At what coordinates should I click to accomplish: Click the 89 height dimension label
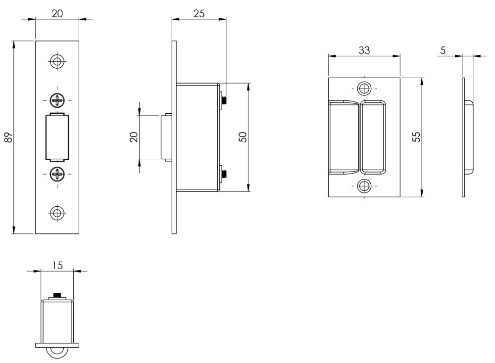(x=9, y=137)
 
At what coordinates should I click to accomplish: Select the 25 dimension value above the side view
(x=199, y=13)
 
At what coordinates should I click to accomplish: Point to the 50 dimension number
(x=243, y=137)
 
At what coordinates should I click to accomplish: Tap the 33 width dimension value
(x=364, y=50)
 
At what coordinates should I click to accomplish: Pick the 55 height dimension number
(x=417, y=137)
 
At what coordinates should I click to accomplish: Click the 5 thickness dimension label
(x=443, y=50)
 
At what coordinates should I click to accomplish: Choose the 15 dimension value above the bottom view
(x=57, y=266)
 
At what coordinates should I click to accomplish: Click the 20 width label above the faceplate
(x=57, y=13)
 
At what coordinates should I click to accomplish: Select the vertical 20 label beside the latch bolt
(x=134, y=137)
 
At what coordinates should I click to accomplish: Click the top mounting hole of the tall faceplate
(x=57, y=61)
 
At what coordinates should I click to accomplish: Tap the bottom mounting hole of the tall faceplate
(x=57, y=213)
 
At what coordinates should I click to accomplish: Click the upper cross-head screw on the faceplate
(x=57, y=100)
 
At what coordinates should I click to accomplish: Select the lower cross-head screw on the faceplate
(x=57, y=174)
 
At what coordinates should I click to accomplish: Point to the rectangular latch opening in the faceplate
(x=57, y=137)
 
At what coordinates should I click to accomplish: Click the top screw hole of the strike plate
(x=364, y=89)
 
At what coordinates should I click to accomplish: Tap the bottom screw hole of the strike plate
(x=364, y=186)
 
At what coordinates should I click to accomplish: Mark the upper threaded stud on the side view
(x=224, y=100)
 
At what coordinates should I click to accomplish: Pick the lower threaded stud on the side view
(x=224, y=174)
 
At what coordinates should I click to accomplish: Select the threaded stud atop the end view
(x=57, y=296)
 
